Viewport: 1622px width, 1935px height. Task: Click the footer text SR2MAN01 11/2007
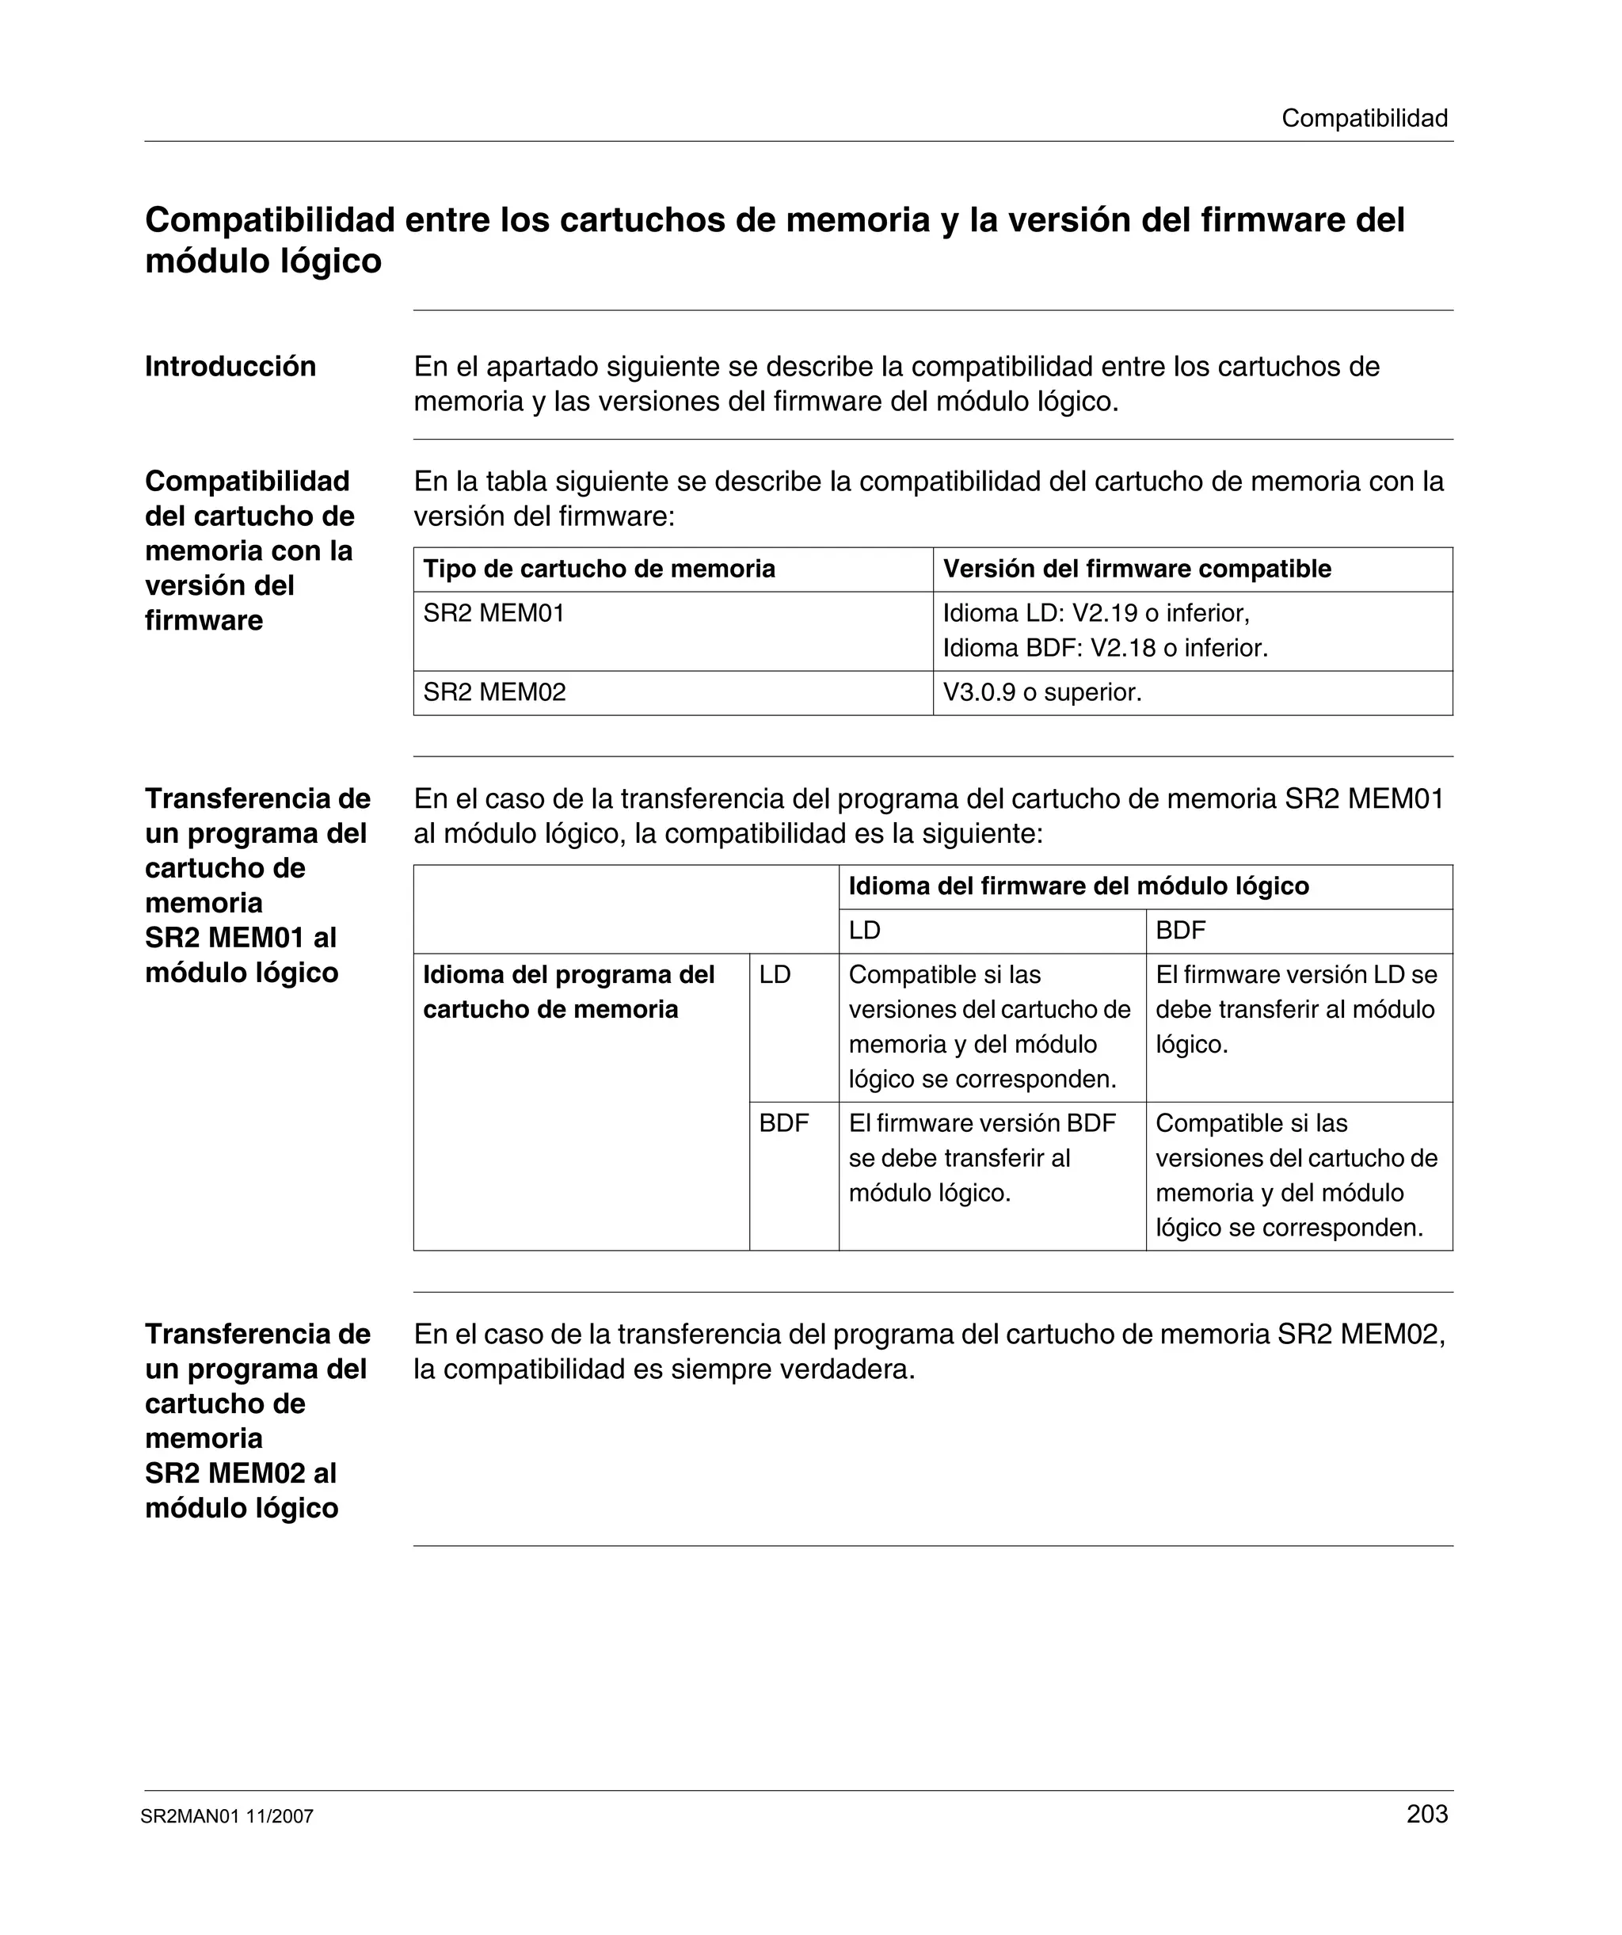point(227,1816)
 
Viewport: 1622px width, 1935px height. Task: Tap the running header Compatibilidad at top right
point(1364,118)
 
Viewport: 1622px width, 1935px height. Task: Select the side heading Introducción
point(230,367)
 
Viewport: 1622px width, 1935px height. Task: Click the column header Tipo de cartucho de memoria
point(599,569)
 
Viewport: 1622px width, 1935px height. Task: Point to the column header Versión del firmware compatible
point(1137,569)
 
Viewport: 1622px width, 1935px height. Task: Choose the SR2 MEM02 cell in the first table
point(494,692)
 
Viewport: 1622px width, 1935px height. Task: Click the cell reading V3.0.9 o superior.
point(1041,692)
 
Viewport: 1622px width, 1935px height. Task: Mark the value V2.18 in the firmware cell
point(1122,648)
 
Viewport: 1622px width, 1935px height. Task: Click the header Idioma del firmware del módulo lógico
point(1078,886)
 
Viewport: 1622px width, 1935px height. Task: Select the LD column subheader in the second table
point(864,931)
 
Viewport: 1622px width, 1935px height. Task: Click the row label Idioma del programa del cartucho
point(569,992)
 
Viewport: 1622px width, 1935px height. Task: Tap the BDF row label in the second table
point(783,1123)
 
